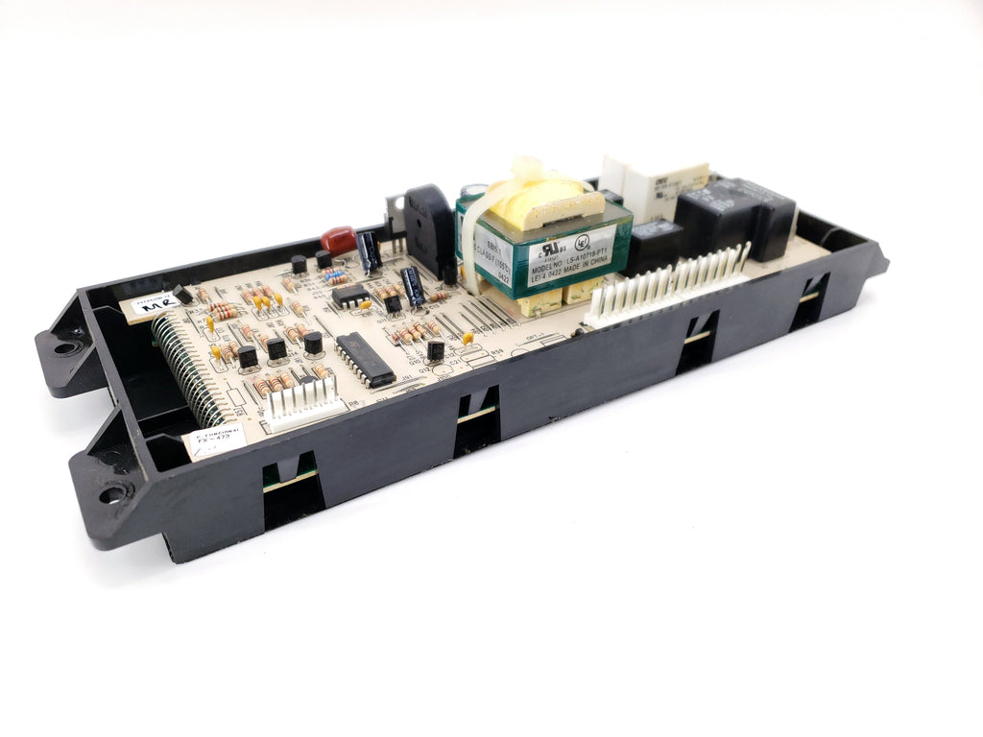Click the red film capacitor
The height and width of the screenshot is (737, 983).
click(338, 239)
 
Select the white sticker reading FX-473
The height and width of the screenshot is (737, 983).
click(213, 442)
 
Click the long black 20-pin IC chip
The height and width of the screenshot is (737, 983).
click(365, 359)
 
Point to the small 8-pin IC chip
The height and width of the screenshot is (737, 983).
click(351, 296)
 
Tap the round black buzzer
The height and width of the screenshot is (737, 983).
click(429, 230)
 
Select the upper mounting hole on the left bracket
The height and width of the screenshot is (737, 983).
click(65, 346)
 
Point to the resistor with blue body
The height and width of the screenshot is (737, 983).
click(335, 276)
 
